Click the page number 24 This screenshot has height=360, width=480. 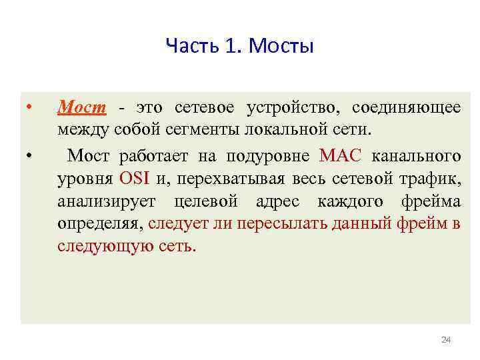tap(446, 341)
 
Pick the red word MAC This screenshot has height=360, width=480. tap(340, 156)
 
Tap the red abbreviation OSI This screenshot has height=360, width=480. tap(137, 178)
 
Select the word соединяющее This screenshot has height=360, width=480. tap(405, 107)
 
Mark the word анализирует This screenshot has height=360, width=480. tap(107, 201)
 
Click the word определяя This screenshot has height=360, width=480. tap(100, 223)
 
